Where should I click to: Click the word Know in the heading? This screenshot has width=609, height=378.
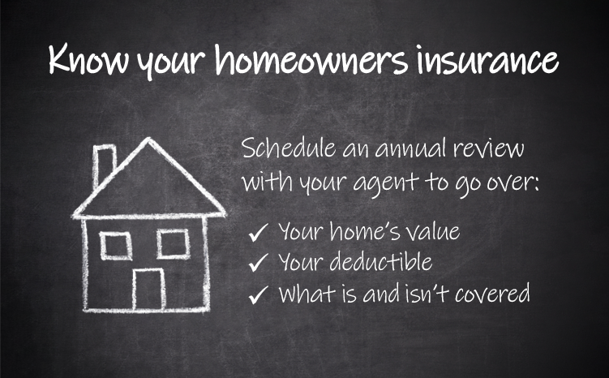click(88, 59)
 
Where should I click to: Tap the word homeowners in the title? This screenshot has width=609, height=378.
click(311, 58)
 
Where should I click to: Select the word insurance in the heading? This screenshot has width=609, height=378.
click(488, 59)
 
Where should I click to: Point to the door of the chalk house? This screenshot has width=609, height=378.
click(148, 289)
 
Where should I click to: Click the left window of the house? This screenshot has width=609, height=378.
click(116, 246)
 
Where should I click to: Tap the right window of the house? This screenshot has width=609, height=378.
click(174, 244)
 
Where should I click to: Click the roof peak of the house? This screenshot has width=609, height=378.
click(148, 139)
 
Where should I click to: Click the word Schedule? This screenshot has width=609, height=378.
click(289, 148)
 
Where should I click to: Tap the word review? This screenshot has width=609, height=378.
click(489, 148)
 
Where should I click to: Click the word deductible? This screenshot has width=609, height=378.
click(381, 261)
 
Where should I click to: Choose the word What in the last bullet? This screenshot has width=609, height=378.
click(307, 294)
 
